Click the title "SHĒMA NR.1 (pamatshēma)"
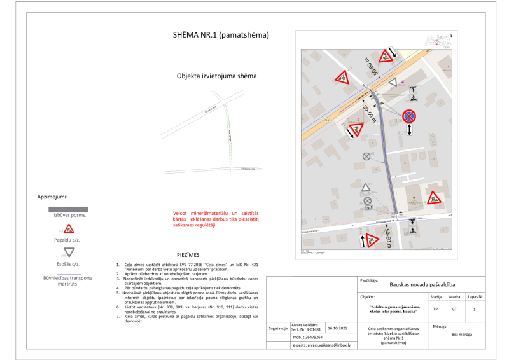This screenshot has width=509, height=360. coord(221,35)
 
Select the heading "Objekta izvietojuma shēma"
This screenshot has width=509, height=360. coord(216,76)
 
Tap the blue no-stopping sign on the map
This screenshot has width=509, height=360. coord(409,116)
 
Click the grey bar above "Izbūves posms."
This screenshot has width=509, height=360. coord(68,209)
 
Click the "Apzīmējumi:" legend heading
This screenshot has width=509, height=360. coord(53,197)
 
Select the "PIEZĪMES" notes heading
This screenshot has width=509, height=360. coord(188,254)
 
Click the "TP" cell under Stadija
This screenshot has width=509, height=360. coord(435,309)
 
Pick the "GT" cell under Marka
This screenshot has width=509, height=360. coord(454,309)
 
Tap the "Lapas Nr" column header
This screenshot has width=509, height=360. coord(475,297)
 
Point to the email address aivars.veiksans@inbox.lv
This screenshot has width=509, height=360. coord(325,345)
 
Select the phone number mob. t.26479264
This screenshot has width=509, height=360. coord(307,337)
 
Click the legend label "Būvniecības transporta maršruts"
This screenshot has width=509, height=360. coord(68,280)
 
